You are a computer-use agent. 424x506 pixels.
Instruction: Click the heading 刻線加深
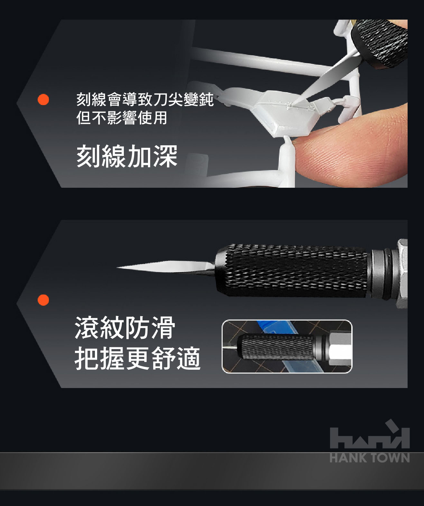pos(127,156)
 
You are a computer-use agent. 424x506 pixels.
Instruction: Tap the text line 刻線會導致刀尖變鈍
pos(145,99)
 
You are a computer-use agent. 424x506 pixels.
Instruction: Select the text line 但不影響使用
pos(122,118)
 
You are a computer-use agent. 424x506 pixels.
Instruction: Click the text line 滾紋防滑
pos(125,327)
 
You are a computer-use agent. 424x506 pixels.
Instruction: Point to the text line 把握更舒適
pos(138,358)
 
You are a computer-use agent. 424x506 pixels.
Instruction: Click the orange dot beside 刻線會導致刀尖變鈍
pos(43,100)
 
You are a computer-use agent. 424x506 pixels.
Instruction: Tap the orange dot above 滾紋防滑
pos(43,300)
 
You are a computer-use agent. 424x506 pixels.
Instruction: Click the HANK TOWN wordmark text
pos(370,458)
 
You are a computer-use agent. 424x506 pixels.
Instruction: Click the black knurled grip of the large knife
pos(291,271)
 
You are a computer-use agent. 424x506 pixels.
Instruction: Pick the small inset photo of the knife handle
pos(287,346)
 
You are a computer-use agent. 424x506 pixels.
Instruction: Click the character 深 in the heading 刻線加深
pos(165,156)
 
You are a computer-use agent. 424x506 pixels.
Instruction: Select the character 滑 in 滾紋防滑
pos(163,327)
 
